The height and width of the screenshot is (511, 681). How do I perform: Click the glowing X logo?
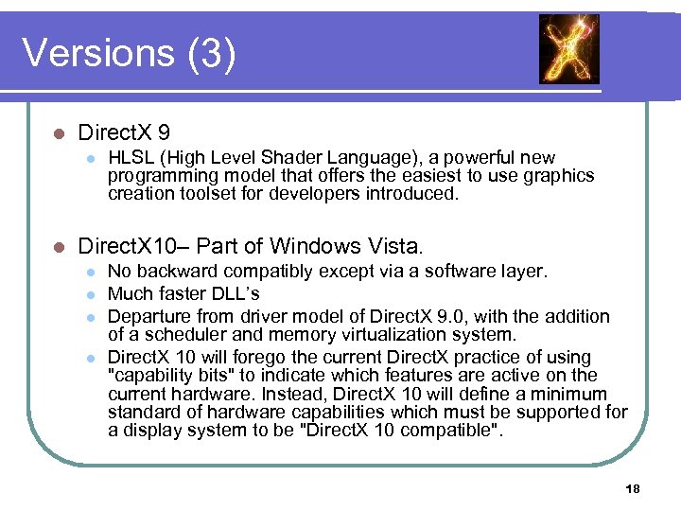click(x=568, y=48)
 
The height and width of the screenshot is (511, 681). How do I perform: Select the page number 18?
click(x=633, y=488)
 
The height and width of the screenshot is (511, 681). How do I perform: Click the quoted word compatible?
click(x=452, y=431)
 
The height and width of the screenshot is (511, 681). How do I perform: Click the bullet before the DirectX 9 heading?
click(x=58, y=132)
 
